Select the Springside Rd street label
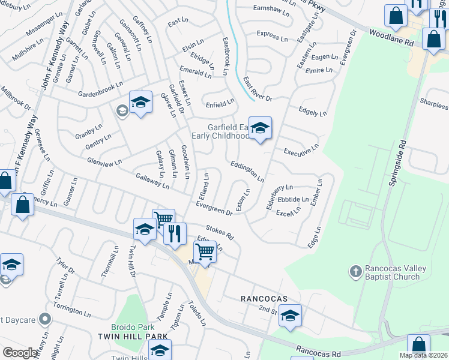(x=397, y=163)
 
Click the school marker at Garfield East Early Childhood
(x=260, y=128)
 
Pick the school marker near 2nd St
(x=290, y=316)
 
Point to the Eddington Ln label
(x=246, y=170)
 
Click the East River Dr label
(x=258, y=88)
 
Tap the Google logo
(x=20, y=353)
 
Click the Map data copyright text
(x=423, y=355)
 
